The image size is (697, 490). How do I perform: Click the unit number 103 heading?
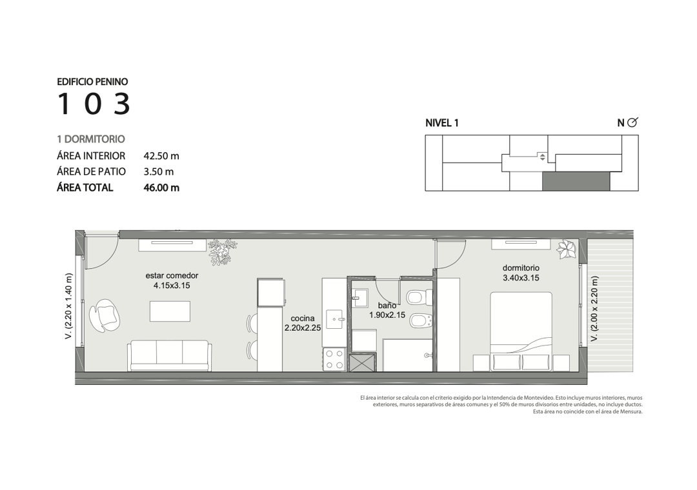[94, 104]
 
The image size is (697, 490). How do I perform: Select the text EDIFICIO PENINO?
[92, 82]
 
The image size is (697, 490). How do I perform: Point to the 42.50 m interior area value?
[161, 156]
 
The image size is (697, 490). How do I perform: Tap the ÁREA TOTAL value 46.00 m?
[161, 188]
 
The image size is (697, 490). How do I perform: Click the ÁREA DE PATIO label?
[91, 171]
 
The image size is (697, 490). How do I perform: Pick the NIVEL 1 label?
[442, 123]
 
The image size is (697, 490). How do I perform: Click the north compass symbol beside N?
[632, 122]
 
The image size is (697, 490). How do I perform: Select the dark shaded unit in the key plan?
[576, 181]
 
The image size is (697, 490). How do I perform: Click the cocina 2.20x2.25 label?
[303, 323]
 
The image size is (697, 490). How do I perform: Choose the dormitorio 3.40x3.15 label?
[521, 273]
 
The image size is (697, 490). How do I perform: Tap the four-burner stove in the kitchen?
[334, 359]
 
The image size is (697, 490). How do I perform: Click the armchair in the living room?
[105, 315]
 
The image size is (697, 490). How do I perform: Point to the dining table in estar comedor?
[170, 311]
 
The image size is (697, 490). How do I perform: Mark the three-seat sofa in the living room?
[169, 356]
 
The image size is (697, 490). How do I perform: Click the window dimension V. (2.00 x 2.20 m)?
[594, 309]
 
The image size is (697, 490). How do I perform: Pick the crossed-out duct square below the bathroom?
[363, 362]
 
